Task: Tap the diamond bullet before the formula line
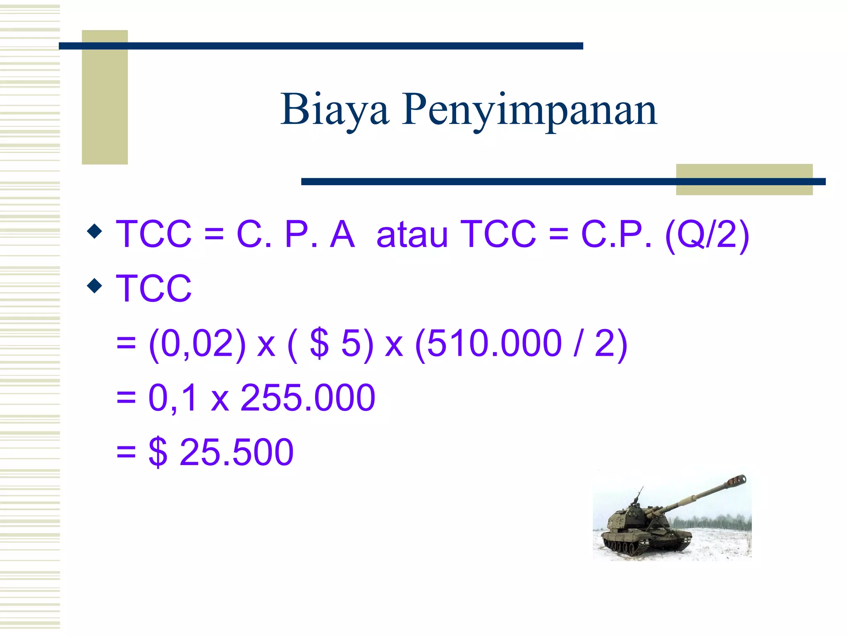point(95,231)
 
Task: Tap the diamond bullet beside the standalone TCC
point(95,285)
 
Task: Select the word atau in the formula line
point(412,234)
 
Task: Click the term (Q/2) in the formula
point(707,234)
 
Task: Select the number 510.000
point(494,343)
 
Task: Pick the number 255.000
point(308,398)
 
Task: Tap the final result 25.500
point(237,452)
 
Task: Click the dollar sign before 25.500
point(158,452)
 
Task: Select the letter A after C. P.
point(342,234)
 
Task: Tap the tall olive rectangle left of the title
point(105,97)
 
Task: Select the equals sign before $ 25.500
point(126,452)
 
